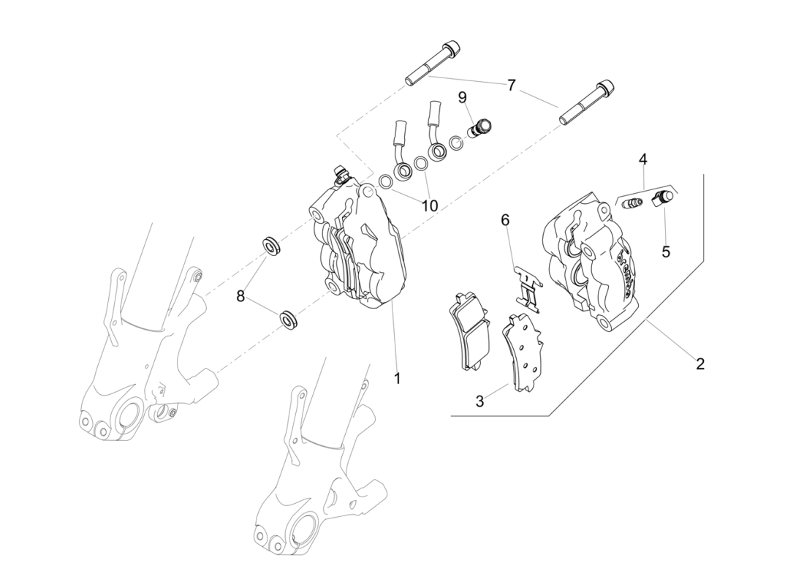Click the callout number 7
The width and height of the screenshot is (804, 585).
[511, 86]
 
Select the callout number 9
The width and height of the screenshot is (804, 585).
[463, 97]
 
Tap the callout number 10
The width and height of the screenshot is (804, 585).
[430, 206]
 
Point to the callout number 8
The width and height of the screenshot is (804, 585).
[240, 295]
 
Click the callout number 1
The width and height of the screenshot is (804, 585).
[398, 378]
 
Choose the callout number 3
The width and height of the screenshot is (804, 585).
[479, 401]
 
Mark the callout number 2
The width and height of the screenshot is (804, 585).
[699, 363]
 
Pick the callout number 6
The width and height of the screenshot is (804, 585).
[505, 219]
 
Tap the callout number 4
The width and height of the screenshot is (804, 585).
[642, 159]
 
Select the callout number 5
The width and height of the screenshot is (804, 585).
[666, 252]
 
